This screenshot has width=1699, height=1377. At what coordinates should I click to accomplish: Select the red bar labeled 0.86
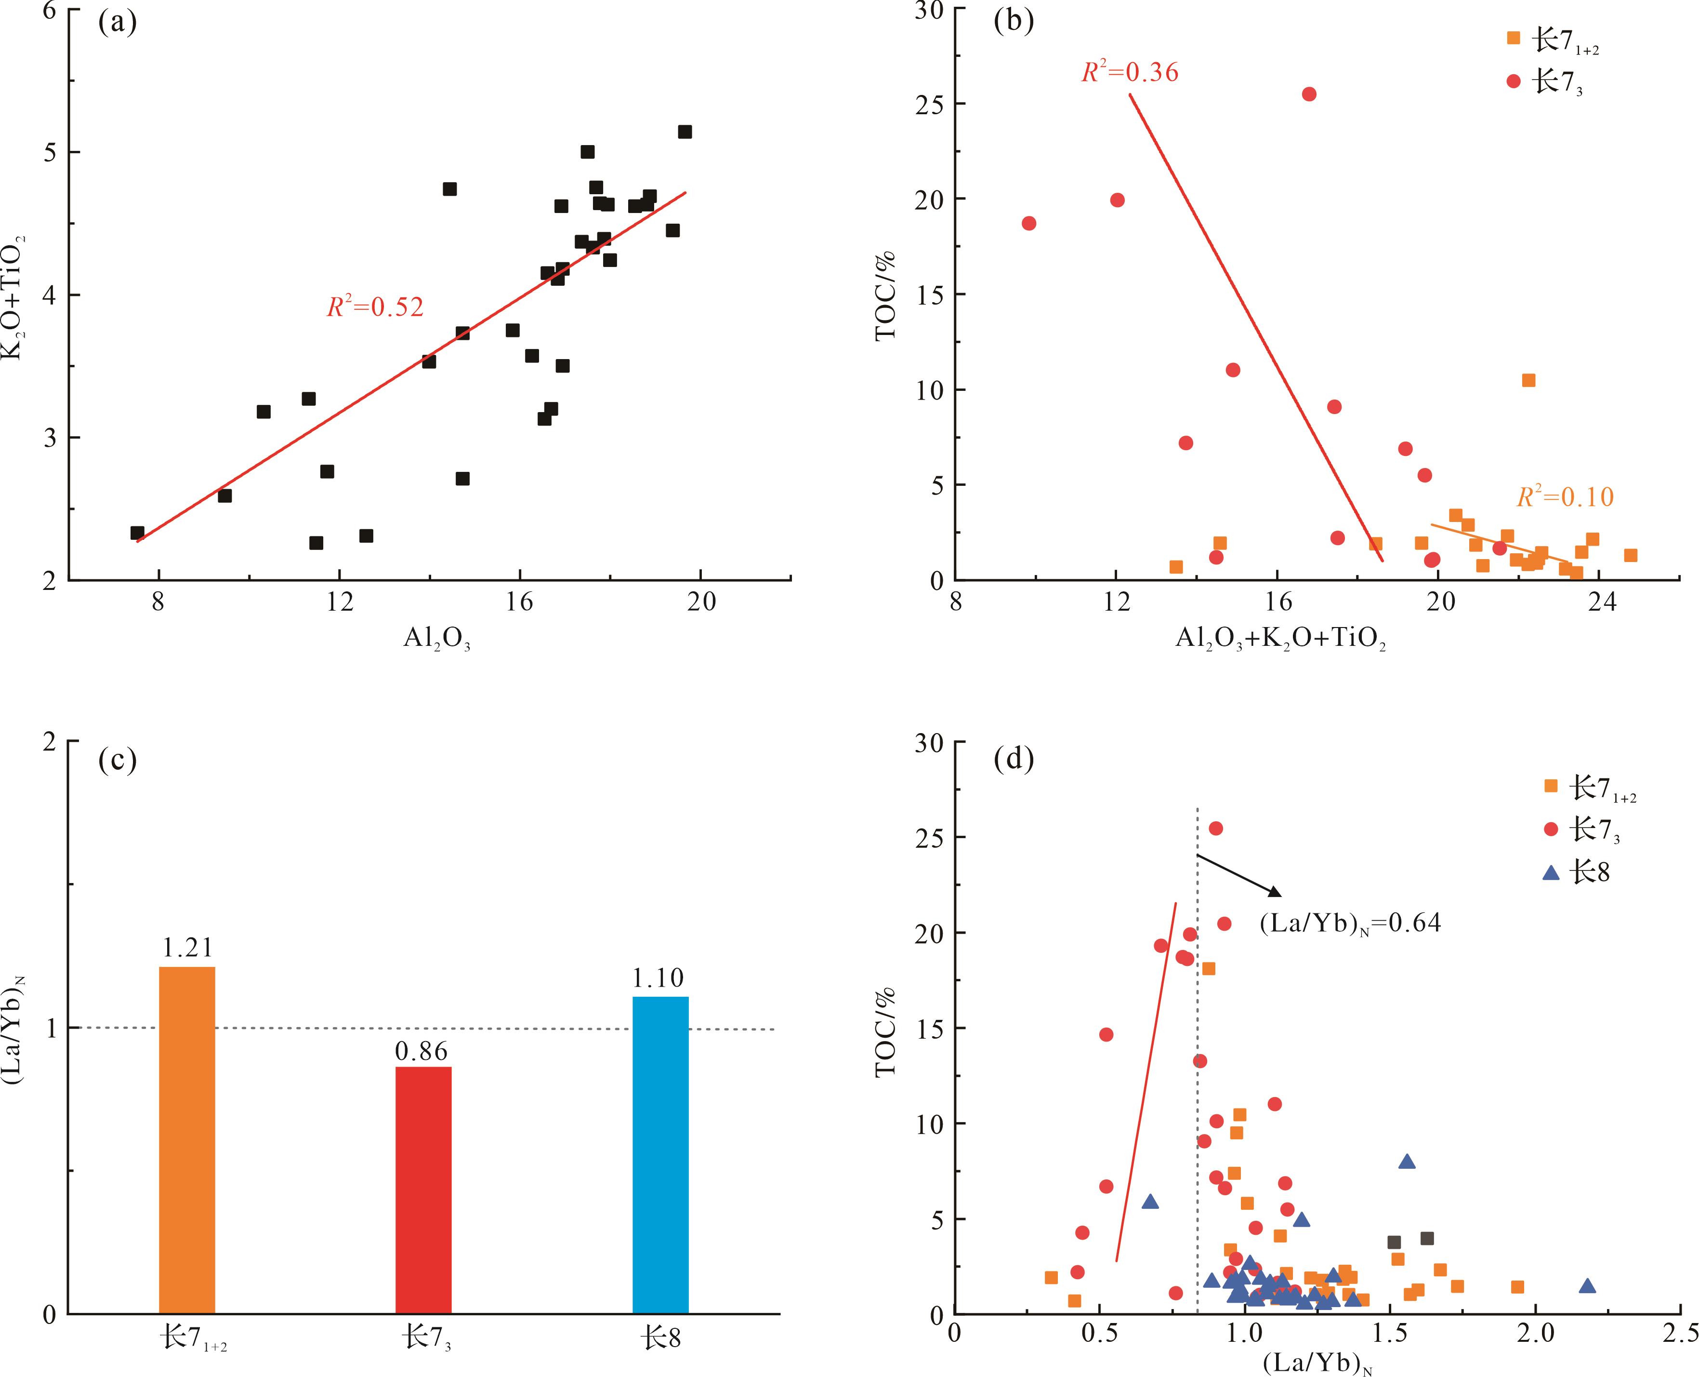pyautogui.click(x=423, y=1190)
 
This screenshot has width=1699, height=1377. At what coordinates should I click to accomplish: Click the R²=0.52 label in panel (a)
pyautogui.click(x=375, y=307)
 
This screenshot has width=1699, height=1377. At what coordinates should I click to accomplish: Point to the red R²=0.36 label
pyautogui.click(x=1130, y=73)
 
